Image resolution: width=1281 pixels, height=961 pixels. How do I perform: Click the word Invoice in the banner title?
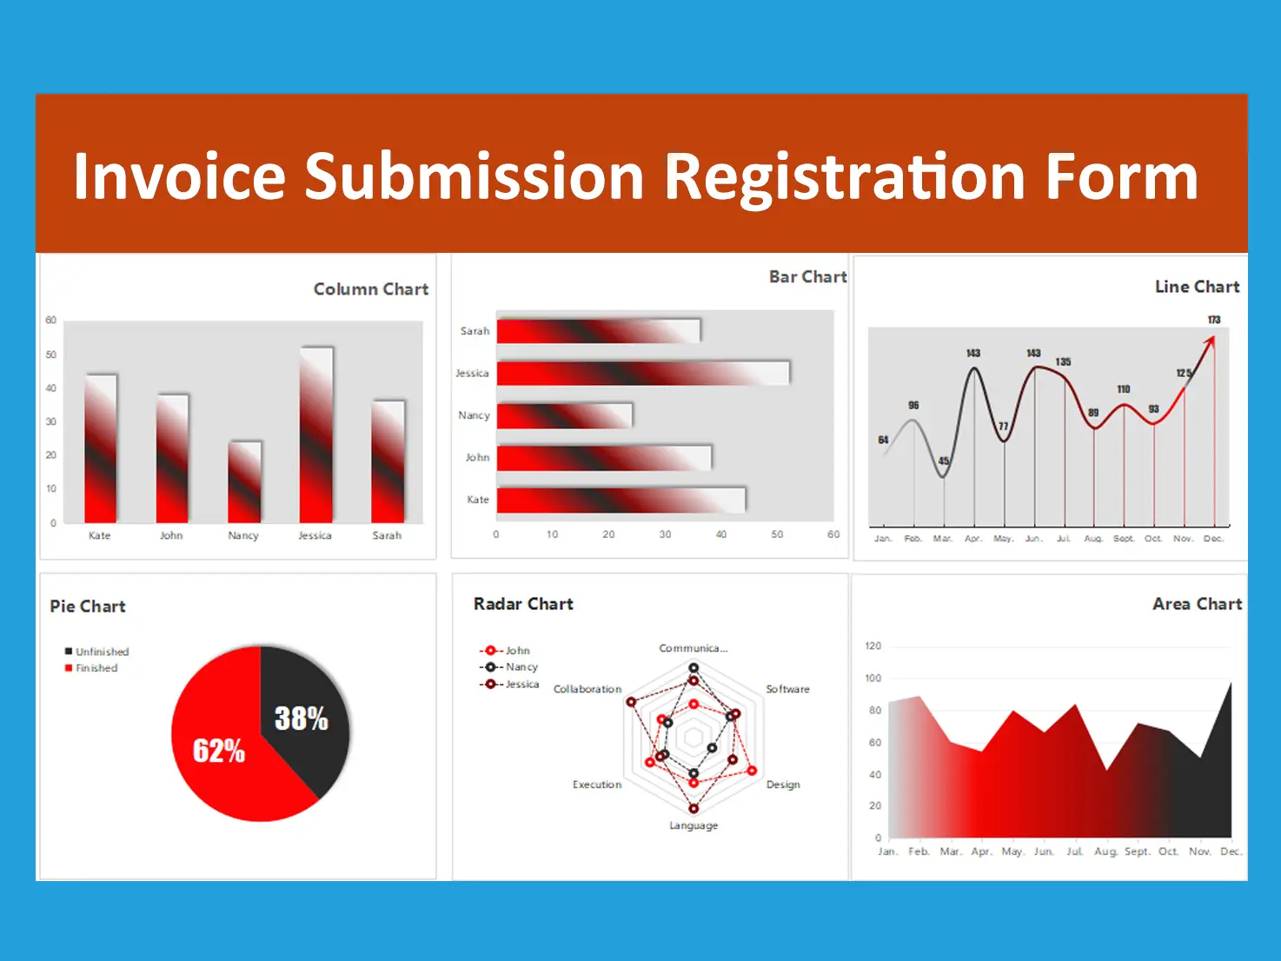[x=179, y=177]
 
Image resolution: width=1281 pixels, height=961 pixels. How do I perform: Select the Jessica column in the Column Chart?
[x=316, y=434]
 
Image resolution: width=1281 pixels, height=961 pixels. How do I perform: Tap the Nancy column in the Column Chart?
[x=244, y=482]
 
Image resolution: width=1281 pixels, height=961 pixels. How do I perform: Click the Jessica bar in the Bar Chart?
[x=642, y=374]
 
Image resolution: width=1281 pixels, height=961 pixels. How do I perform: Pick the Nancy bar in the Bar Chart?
[x=564, y=415]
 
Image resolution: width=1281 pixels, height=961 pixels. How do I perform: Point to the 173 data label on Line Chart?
[x=1214, y=320]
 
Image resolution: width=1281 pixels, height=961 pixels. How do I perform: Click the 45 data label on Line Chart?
[x=944, y=461]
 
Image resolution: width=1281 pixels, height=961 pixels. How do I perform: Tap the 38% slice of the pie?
[x=302, y=717]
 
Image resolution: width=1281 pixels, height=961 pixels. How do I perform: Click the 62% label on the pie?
[x=219, y=751]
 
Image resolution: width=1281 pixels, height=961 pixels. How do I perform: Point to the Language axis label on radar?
[x=694, y=825]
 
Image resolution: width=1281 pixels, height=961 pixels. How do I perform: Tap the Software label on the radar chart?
[x=787, y=689]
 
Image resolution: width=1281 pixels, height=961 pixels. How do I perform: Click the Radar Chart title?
[x=523, y=604]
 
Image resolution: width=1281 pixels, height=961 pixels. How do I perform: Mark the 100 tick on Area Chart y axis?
[x=873, y=678]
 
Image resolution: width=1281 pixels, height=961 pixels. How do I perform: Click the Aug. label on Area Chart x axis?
[x=1105, y=852]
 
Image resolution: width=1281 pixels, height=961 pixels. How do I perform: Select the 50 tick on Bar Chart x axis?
[x=777, y=534]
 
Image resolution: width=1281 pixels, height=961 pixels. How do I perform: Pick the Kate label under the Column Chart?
[x=100, y=535]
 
